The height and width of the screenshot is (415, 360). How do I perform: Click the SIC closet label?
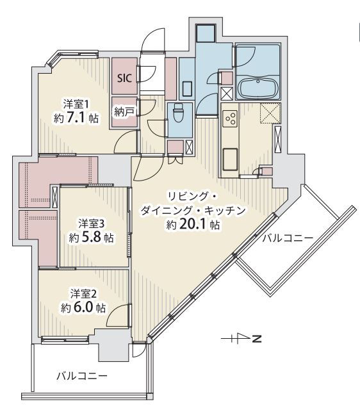point(124,78)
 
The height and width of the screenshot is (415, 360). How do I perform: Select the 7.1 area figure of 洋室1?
point(76,117)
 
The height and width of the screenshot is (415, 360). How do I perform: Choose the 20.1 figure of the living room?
point(193,224)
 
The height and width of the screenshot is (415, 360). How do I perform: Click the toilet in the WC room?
point(178,112)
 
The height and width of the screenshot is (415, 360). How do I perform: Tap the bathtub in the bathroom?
point(258,88)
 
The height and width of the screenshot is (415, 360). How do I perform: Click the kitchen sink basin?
point(230,159)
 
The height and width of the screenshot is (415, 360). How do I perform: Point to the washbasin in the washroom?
point(188,88)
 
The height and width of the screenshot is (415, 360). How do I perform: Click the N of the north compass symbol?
point(256,339)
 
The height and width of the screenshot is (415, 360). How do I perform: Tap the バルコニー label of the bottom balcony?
point(82,376)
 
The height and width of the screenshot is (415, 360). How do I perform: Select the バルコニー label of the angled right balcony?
point(288,238)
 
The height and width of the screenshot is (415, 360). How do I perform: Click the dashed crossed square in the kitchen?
point(270,113)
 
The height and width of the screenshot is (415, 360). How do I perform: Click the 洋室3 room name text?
point(91,224)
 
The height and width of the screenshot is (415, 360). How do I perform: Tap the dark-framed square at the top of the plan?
point(206,33)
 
